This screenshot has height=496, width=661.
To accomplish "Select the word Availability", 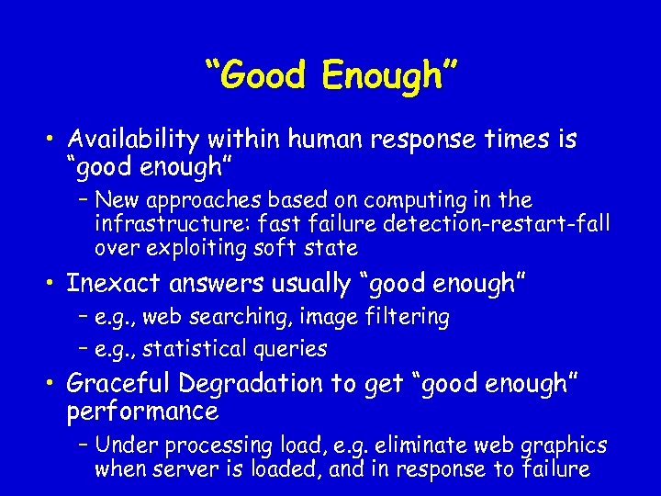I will click(x=134, y=140).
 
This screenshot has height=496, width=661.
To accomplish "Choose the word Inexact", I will click(x=117, y=284).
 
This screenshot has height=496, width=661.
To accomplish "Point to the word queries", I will click(x=292, y=349).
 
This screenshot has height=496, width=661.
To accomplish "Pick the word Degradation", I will click(x=252, y=383).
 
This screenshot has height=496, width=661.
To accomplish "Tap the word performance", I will click(x=142, y=411).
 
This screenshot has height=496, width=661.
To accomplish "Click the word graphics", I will click(x=564, y=446).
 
